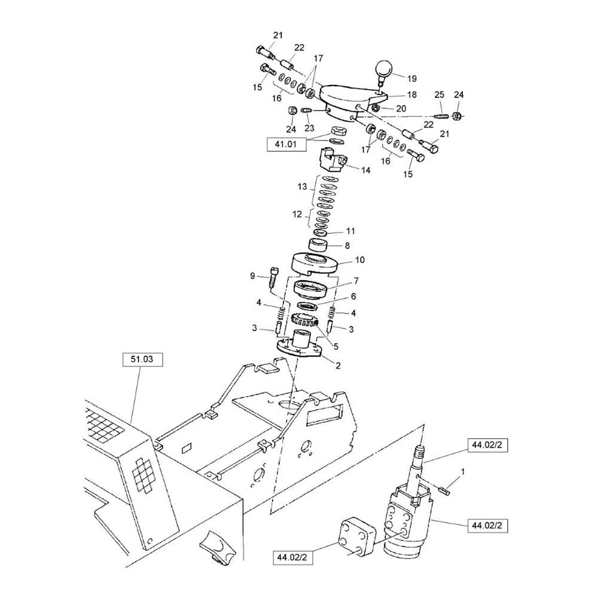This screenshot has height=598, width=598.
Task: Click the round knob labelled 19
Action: [385, 70]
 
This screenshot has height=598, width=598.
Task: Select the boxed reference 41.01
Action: [286, 145]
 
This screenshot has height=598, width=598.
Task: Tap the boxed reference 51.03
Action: [143, 359]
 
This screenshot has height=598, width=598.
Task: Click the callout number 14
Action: [366, 170]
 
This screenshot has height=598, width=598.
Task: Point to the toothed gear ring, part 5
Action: [305, 321]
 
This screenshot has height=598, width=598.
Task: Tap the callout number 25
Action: [440, 94]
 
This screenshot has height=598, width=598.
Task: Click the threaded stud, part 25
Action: [441, 115]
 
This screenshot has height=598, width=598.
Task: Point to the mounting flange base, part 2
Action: [300, 346]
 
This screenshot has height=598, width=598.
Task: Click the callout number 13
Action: [302, 187]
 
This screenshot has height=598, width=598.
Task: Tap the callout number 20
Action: [401, 109]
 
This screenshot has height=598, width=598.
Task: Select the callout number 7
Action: [356, 281]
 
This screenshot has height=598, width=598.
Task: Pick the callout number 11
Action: [350, 231]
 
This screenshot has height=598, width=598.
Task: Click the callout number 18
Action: [412, 94]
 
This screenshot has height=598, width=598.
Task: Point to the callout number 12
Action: [297, 214]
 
